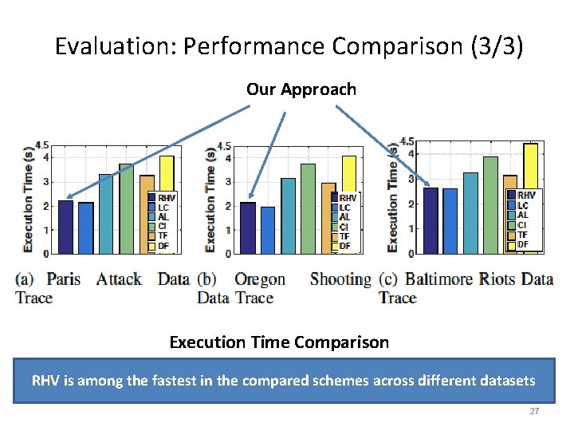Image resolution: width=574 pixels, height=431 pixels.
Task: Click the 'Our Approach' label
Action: [301, 89]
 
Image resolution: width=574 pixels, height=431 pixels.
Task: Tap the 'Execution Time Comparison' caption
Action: [279, 342]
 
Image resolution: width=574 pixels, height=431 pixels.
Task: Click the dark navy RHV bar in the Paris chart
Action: [65, 227]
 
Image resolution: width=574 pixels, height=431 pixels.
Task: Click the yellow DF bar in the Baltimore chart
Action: [530, 192]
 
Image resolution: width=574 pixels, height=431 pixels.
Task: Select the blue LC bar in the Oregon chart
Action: [267, 230]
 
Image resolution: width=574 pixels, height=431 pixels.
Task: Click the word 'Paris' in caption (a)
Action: [64, 279]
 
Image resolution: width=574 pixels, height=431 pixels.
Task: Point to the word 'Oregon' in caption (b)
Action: [259, 279]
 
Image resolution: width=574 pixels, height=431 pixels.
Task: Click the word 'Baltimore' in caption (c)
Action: [439, 279]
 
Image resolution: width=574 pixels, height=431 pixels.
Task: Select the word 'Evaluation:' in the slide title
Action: [116, 46]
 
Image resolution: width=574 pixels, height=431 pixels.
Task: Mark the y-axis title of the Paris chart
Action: [29, 200]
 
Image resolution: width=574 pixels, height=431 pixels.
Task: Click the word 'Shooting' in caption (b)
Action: [340, 279]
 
